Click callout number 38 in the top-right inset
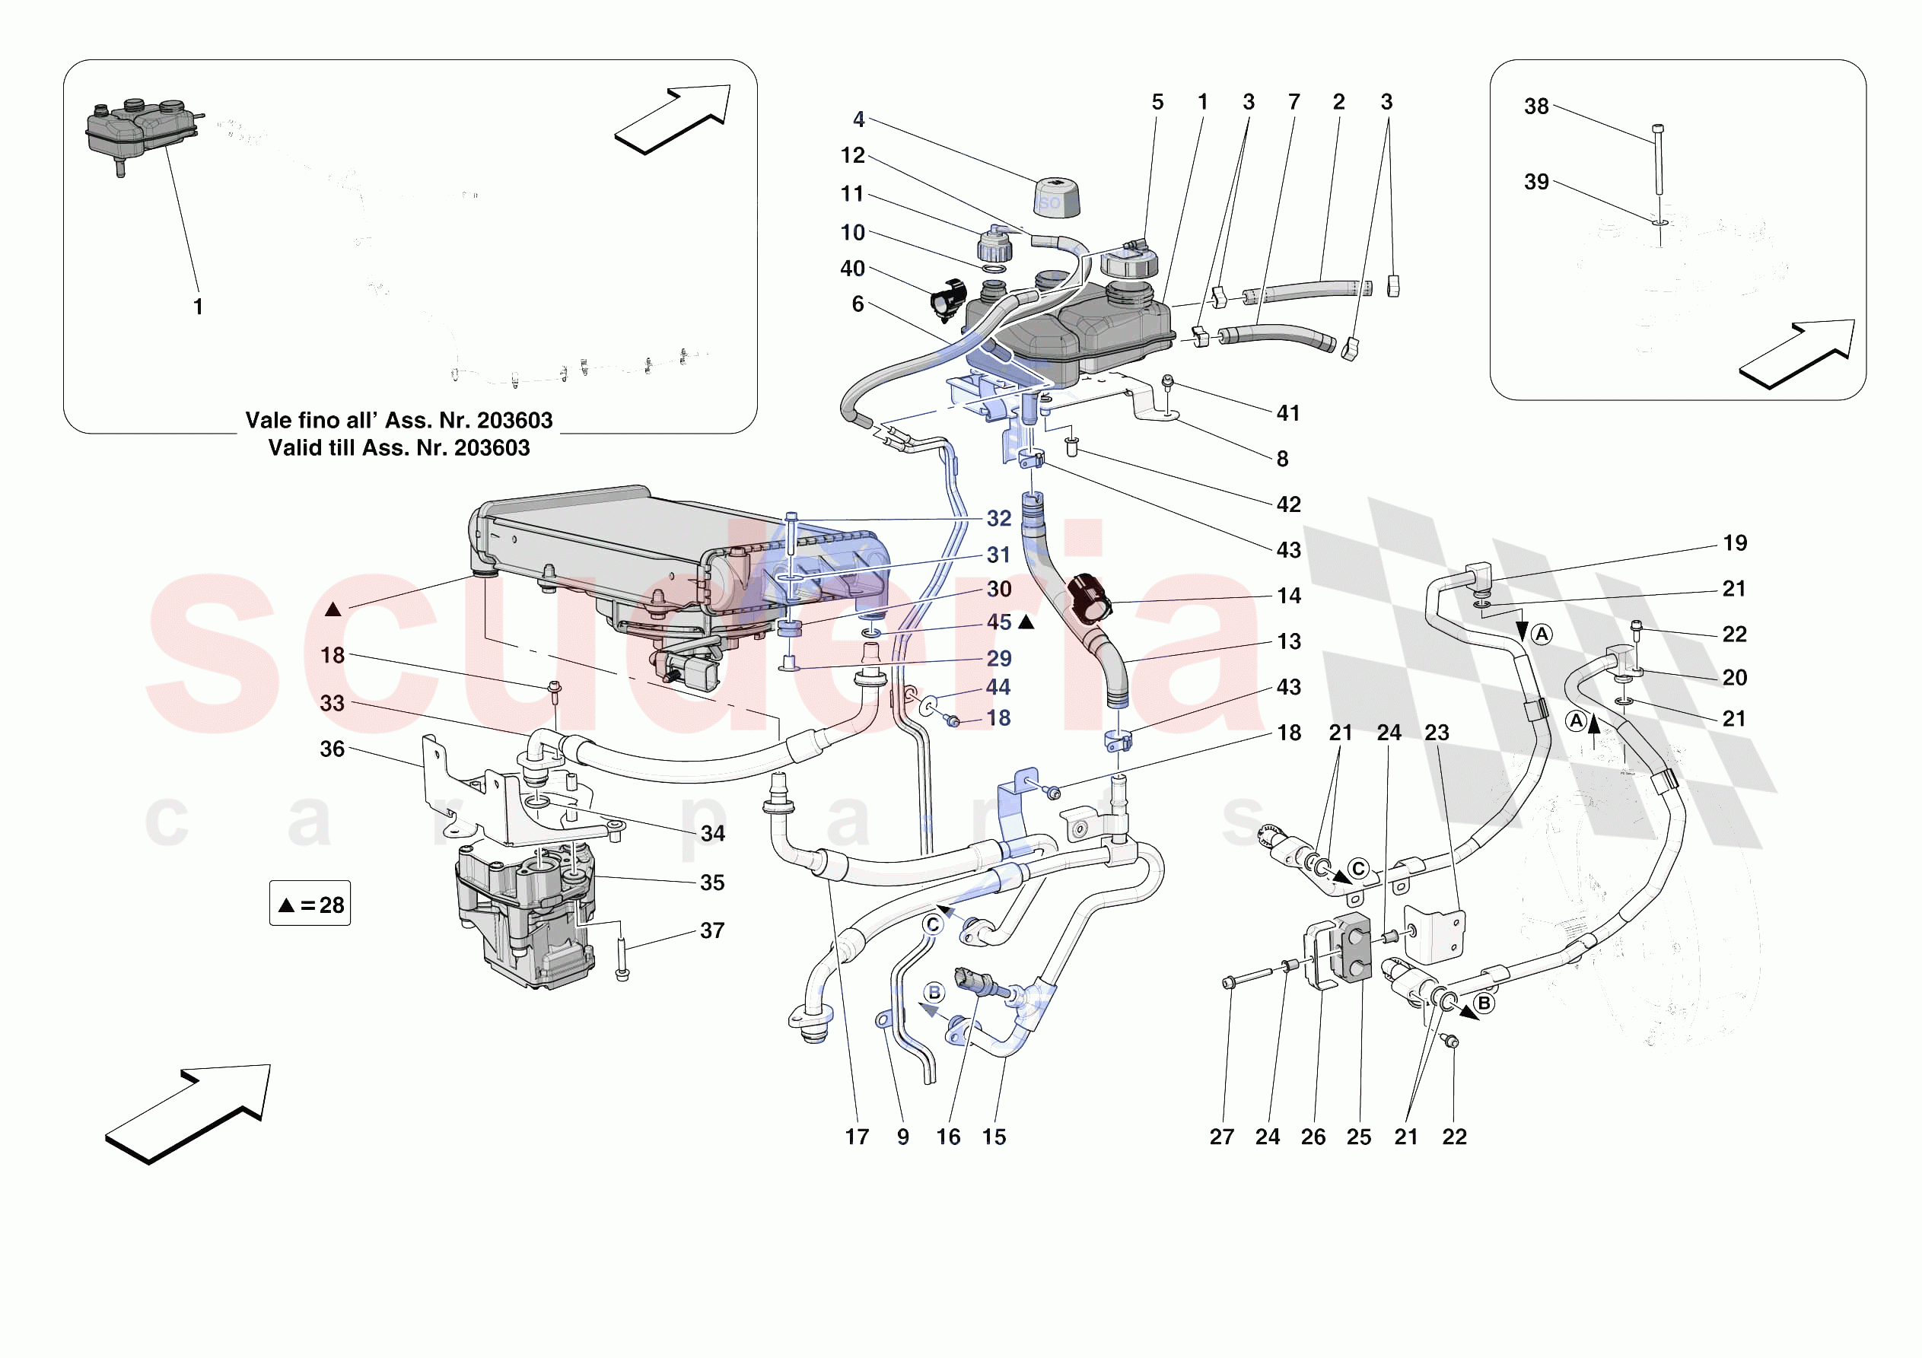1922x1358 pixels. point(1536,107)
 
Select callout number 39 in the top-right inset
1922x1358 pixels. point(1536,183)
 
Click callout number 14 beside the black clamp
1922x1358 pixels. point(1288,596)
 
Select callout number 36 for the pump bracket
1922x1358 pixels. point(333,749)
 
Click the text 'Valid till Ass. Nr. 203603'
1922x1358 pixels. point(399,448)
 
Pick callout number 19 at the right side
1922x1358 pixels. point(1735,543)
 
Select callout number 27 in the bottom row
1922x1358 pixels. point(1221,1137)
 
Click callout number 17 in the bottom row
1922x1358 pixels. point(856,1137)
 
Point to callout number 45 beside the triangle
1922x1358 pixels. point(999,622)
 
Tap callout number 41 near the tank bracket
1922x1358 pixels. point(1287,413)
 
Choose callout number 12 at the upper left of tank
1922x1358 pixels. point(852,156)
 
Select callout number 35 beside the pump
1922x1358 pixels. point(711,883)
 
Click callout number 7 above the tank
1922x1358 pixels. point(1294,102)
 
